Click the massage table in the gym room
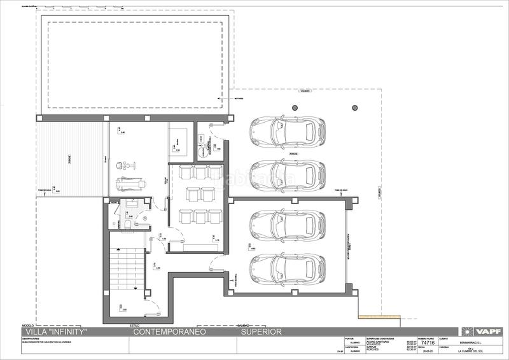tap(130, 182)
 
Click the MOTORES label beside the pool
tap(239, 99)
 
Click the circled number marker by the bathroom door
tap(144, 218)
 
